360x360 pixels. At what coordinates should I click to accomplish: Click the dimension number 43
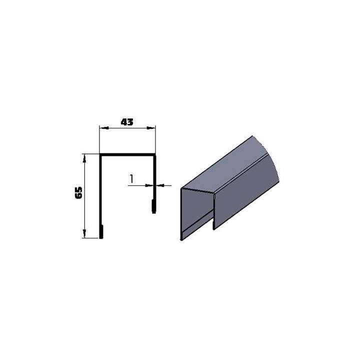(x=127, y=122)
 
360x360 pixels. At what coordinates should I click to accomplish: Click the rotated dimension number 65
(x=78, y=193)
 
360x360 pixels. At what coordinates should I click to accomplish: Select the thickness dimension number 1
(x=131, y=178)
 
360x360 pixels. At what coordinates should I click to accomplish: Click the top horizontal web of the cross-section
(x=127, y=154)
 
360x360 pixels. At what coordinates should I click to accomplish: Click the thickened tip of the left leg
(x=102, y=232)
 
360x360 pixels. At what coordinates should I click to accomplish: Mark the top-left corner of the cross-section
(x=100, y=154)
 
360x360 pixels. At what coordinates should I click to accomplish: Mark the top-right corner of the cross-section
(x=155, y=154)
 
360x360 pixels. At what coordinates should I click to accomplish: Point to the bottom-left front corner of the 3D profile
(x=181, y=239)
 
